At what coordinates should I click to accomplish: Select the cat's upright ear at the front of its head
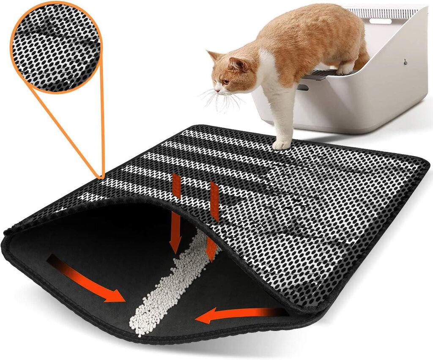[212, 55]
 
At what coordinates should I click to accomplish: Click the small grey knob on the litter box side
[405, 62]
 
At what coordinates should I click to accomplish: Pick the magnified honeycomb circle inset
[55, 47]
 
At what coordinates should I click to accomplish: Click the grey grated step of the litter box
[321, 74]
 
